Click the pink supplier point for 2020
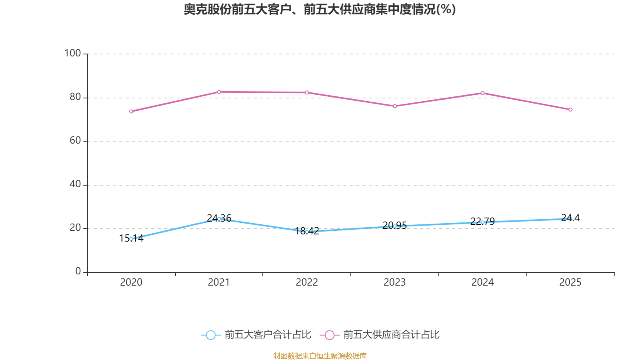[131, 111]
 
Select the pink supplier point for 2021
[219, 92]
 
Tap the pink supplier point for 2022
[307, 93]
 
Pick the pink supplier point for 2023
[395, 106]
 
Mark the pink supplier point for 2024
[482, 93]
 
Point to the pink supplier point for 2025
[570, 110]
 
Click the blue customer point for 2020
[131, 239]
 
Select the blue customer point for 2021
[219, 219]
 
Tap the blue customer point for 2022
[307, 232]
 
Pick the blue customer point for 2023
[395, 226]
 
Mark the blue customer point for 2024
[482, 222]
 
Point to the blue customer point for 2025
[570, 219]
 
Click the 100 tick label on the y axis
[72, 53]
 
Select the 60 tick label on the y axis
[75, 140]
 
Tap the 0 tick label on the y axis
[78, 271]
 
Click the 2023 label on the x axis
[394, 282]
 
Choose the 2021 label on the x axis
[219, 282]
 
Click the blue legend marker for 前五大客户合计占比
[210, 335]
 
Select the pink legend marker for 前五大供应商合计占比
[330, 335]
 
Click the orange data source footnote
[320, 356]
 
